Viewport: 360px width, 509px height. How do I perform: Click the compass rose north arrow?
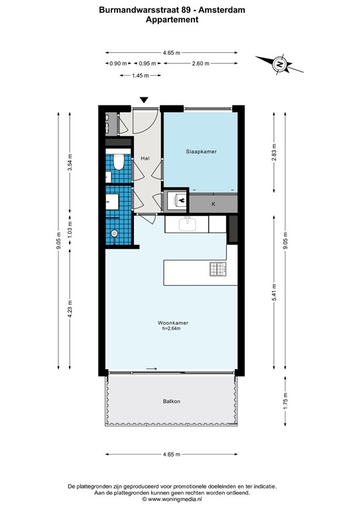280,64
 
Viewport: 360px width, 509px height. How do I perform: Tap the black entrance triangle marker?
144,100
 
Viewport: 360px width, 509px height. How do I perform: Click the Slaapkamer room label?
200,152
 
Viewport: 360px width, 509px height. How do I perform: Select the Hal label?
145,158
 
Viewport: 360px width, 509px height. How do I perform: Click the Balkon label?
172,402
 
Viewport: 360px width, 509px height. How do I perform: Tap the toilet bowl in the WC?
118,161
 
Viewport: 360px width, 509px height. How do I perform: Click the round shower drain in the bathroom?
114,233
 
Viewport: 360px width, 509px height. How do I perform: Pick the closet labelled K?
213,204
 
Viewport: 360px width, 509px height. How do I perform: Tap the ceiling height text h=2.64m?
174,329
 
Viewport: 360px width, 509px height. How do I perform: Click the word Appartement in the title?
172,20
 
